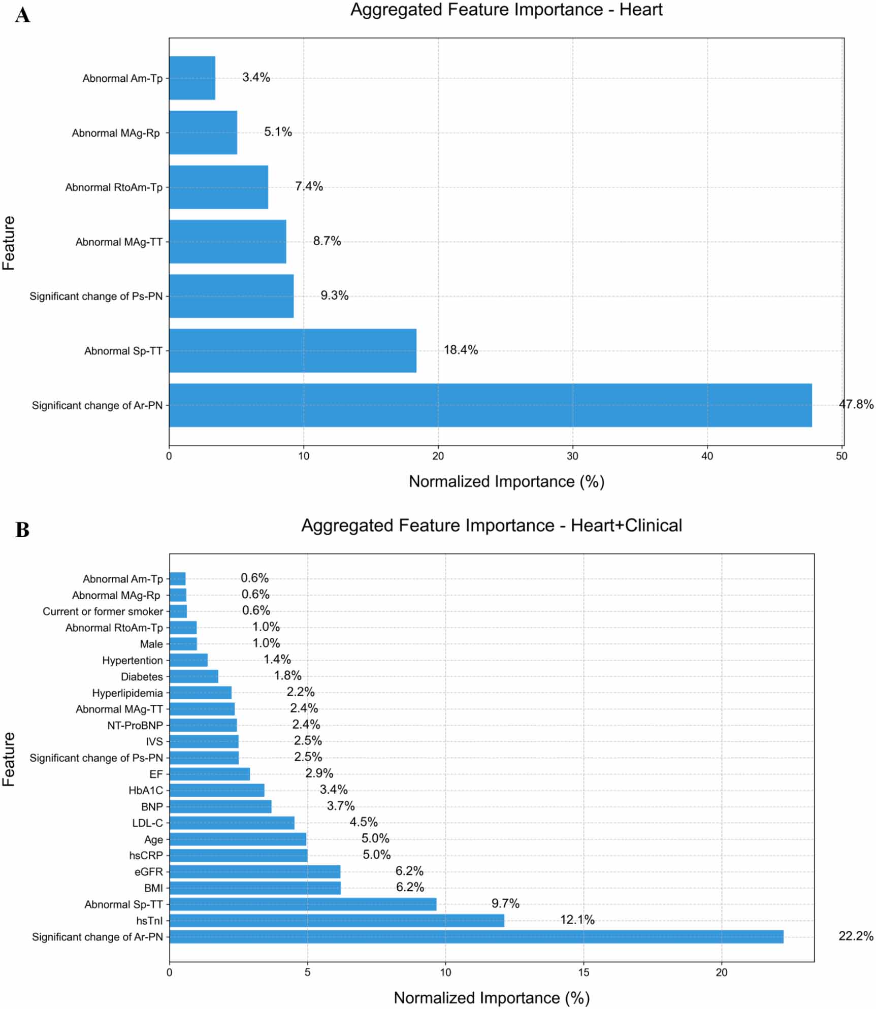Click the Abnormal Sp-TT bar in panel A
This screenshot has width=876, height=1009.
point(293,350)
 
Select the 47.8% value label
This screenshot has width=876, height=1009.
point(856,405)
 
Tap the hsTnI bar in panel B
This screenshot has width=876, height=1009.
point(336,921)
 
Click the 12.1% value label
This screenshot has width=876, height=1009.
point(577,920)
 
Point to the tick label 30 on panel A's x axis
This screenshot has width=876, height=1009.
point(572,456)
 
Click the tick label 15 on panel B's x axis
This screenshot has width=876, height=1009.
point(583,972)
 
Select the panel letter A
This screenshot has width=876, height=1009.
point(22,15)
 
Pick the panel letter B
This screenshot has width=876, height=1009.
point(22,530)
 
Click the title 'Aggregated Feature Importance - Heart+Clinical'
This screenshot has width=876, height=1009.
point(491,526)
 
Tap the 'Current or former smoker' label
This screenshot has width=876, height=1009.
point(103,611)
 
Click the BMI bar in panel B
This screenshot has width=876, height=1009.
point(255,888)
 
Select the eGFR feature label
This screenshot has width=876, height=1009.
point(149,872)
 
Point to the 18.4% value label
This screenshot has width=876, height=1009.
point(461,350)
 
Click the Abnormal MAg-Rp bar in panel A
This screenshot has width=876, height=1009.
point(203,133)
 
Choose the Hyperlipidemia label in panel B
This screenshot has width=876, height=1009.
point(127,693)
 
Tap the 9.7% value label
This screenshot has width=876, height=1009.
point(505,903)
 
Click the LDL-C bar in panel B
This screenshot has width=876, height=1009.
point(232,823)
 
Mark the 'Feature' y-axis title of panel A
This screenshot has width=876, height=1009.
point(9,243)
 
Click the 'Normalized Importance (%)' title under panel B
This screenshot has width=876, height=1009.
point(491,998)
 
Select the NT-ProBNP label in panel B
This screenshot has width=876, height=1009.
point(135,726)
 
